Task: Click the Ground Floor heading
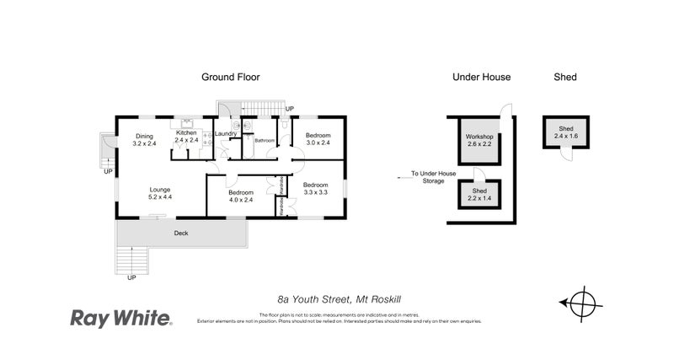[x=230, y=77]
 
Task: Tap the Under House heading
[x=481, y=77]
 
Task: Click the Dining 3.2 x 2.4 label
[x=144, y=140]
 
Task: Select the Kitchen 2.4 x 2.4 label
[x=185, y=137]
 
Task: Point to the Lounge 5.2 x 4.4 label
[x=160, y=193]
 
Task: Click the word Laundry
[x=225, y=133]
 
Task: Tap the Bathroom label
[x=265, y=140]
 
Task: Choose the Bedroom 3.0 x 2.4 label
[x=318, y=139]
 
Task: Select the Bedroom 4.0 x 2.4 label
[x=240, y=196]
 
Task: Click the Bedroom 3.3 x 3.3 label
[x=315, y=189]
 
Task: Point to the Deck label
[x=180, y=233]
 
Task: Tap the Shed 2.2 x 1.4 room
[x=479, y=195]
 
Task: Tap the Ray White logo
[x=120, y=318]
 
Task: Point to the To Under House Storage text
[x=433, y=177]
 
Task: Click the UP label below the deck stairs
[x=131, y=277]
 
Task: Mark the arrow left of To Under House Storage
[x=401, y=177]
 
